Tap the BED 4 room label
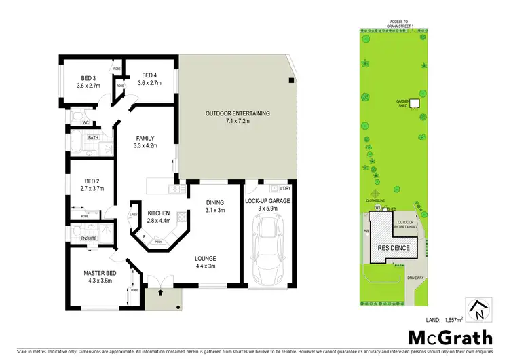point(149,79)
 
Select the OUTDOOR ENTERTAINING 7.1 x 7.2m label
point(238,117)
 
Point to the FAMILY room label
point(145,141)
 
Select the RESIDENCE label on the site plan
point(393,248)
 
